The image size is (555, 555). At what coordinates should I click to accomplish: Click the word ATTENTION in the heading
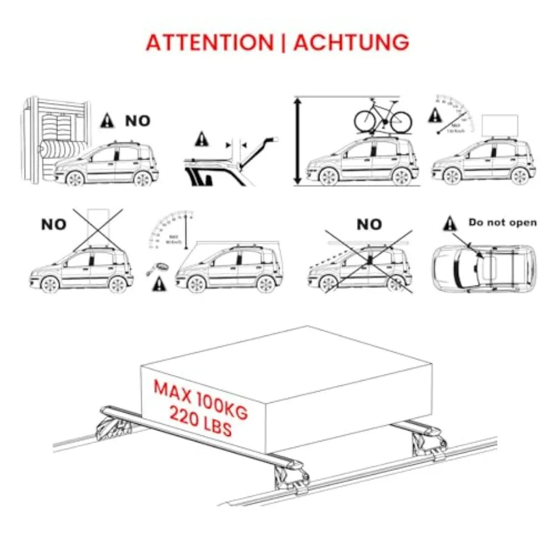tap(208, 43)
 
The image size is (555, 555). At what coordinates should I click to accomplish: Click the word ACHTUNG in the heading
tap(351, 43)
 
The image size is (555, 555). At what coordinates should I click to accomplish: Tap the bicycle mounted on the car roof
tap(382, 117)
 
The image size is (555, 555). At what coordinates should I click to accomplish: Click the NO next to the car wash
tap(138, 121)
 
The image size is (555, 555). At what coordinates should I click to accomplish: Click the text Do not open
tap(503, 223)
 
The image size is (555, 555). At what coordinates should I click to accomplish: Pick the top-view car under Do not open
tap(483, 268)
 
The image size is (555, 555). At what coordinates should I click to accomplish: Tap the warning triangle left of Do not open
tap(450, 224)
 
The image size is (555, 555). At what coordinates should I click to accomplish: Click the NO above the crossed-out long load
tap(369, 224)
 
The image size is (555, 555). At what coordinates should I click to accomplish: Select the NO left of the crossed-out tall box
tap(54, 224)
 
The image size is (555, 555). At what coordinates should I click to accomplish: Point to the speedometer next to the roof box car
tap(453, 114)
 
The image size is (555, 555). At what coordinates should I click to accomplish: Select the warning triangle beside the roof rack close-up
tap(202, 139)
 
